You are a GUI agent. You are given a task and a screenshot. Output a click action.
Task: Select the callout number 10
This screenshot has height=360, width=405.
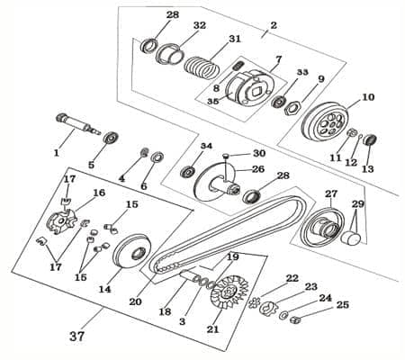tap(368, 96)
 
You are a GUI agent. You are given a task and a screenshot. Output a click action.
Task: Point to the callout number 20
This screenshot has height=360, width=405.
tap(136, 301)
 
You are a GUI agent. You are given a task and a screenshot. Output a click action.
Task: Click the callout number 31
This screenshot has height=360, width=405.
tap(235, 40)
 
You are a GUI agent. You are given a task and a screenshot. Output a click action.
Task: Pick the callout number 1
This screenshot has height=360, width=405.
tap(56, 153)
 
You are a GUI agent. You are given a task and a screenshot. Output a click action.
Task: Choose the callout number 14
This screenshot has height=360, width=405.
tap(105, 289)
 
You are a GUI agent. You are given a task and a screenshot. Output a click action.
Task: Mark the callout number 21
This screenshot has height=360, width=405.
tap(212, 329)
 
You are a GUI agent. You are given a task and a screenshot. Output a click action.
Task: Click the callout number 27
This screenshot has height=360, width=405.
tap(330, 193)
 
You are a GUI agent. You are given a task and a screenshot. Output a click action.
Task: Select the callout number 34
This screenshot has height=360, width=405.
tap(206, 146)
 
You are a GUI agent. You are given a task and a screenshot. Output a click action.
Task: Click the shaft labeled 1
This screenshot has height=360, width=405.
tap(77, 123)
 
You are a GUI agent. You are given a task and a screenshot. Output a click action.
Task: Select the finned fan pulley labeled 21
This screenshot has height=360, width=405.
tap(219, 292)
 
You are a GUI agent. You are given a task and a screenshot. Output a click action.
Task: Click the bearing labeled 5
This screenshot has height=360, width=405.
tap(112, 139)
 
